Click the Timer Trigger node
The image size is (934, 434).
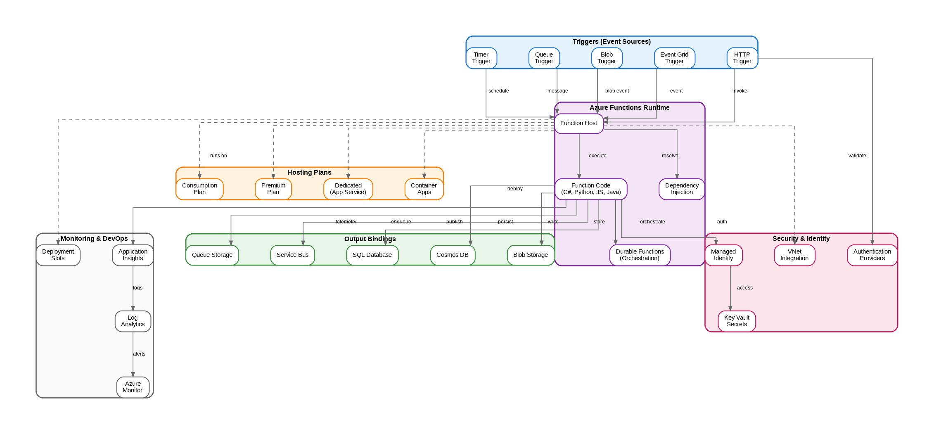tap(481, 58)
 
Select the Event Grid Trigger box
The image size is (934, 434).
tap(674, 58)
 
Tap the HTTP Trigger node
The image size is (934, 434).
tap(742, 58)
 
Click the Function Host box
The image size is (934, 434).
tap(578, 123)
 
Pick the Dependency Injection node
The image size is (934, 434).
tap(682, 189)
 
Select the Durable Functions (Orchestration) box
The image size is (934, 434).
tap(640, 255)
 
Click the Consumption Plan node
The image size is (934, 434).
tap(199, 189)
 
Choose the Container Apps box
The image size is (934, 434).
tap(424, 189)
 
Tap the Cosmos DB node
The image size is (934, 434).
tap(453, 255)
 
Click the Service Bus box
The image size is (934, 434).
tap(292, 255)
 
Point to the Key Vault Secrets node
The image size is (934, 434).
tap(737, 321)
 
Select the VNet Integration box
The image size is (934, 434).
tap(794, 255)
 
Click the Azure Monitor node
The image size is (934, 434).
tap(133, 387)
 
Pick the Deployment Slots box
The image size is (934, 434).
tap(58, 255)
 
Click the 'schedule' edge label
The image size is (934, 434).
tap(498, 91)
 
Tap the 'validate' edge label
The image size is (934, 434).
tap(857, 156)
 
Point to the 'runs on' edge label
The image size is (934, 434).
tap(218, 156)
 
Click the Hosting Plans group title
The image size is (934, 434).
tap(309, 173)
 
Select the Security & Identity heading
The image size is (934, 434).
tap(801, 239)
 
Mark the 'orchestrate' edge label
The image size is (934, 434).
tap(652, 222)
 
